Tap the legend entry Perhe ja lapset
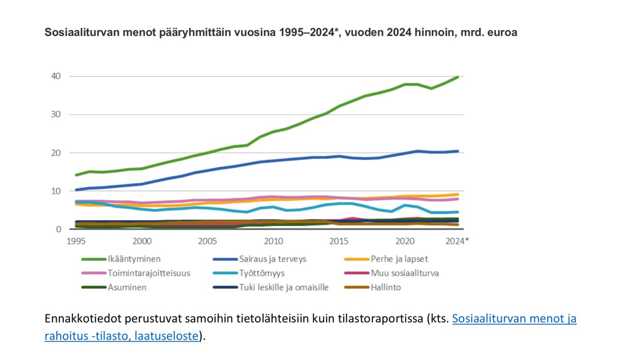point(399,258)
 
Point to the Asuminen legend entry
point(126,287)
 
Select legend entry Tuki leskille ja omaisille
point(284,287)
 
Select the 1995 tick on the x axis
point(77,241)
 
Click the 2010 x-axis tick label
point(273,241)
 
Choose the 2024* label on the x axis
point(456,241)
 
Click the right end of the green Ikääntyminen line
point(457,77)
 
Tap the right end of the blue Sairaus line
point(457,151)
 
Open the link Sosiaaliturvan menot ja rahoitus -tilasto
point(514,319)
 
